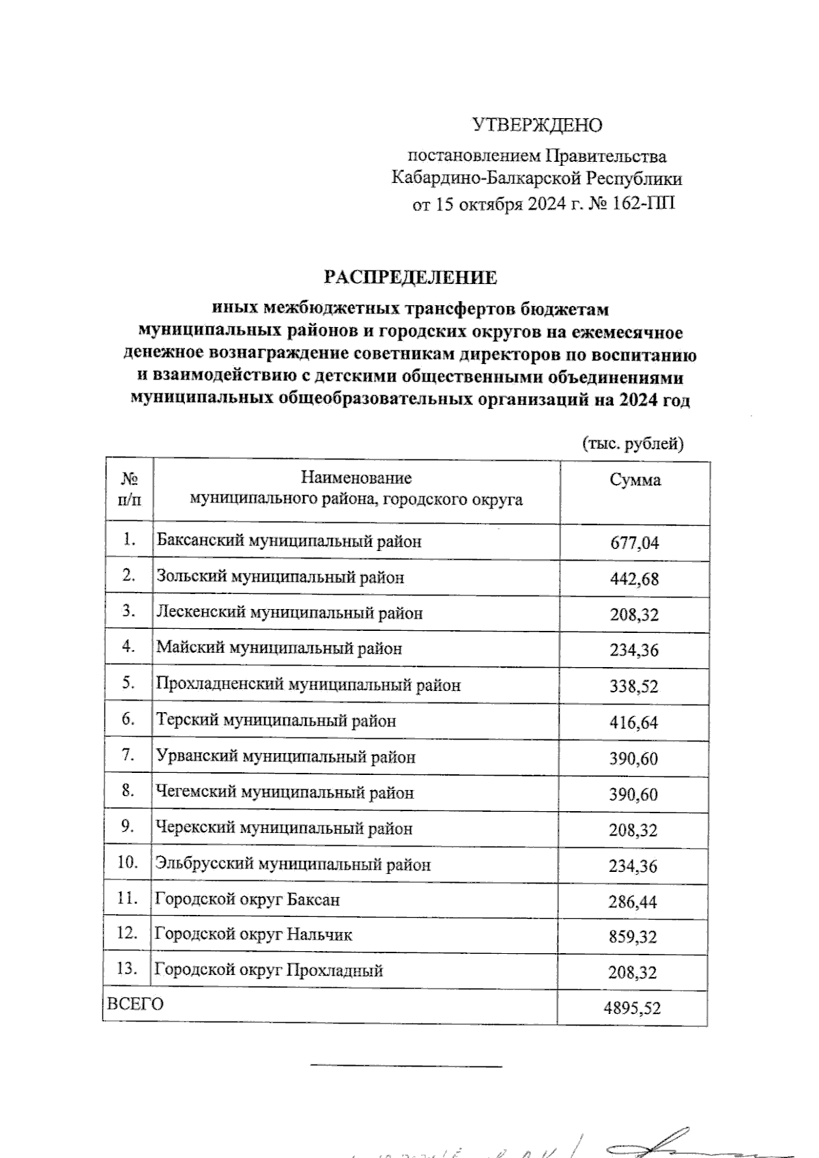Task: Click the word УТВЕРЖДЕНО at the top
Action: point(537,126)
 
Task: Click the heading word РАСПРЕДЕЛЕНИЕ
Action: point(410,278)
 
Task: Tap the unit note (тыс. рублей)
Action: point(633,444)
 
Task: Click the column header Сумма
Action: point(635,480)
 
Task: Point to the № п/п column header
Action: point(130,489)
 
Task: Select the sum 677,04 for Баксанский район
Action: point(634,543)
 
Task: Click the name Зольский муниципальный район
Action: point(280,577)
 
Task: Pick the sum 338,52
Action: point(633,687)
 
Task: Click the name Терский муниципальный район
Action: point(276,721)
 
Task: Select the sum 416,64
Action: point(633,723)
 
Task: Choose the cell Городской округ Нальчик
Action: point(253,934)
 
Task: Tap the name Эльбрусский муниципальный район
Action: point(293,864)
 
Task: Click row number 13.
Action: point(128,969)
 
